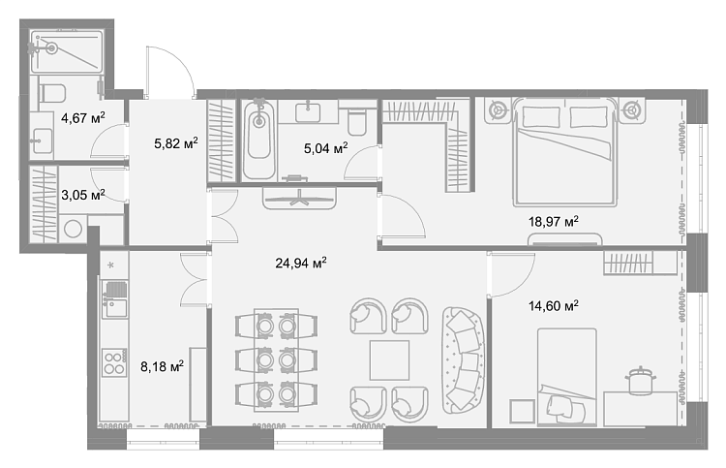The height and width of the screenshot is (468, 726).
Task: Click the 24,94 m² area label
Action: click(301, 264)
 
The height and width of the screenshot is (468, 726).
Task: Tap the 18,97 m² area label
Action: click(554, 222)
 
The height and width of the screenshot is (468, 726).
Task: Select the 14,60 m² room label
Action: click(554, 306)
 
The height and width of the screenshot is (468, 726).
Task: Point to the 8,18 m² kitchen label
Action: click(162, 367)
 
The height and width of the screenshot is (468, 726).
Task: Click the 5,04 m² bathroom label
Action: click(326, 148)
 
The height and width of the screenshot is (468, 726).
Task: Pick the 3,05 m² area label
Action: click(83, 195)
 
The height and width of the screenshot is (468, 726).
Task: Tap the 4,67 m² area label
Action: click(83, 117)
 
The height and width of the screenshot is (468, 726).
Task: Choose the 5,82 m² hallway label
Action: click(176, 143)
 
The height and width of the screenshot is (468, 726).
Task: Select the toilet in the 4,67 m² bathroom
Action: click(52, 94)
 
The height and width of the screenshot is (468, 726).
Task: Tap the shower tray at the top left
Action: click(67, 51)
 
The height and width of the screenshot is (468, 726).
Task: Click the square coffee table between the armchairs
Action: click(389, 360)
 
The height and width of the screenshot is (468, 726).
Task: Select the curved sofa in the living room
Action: click(462, 360)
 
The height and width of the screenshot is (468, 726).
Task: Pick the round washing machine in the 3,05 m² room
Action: click(73, 229)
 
